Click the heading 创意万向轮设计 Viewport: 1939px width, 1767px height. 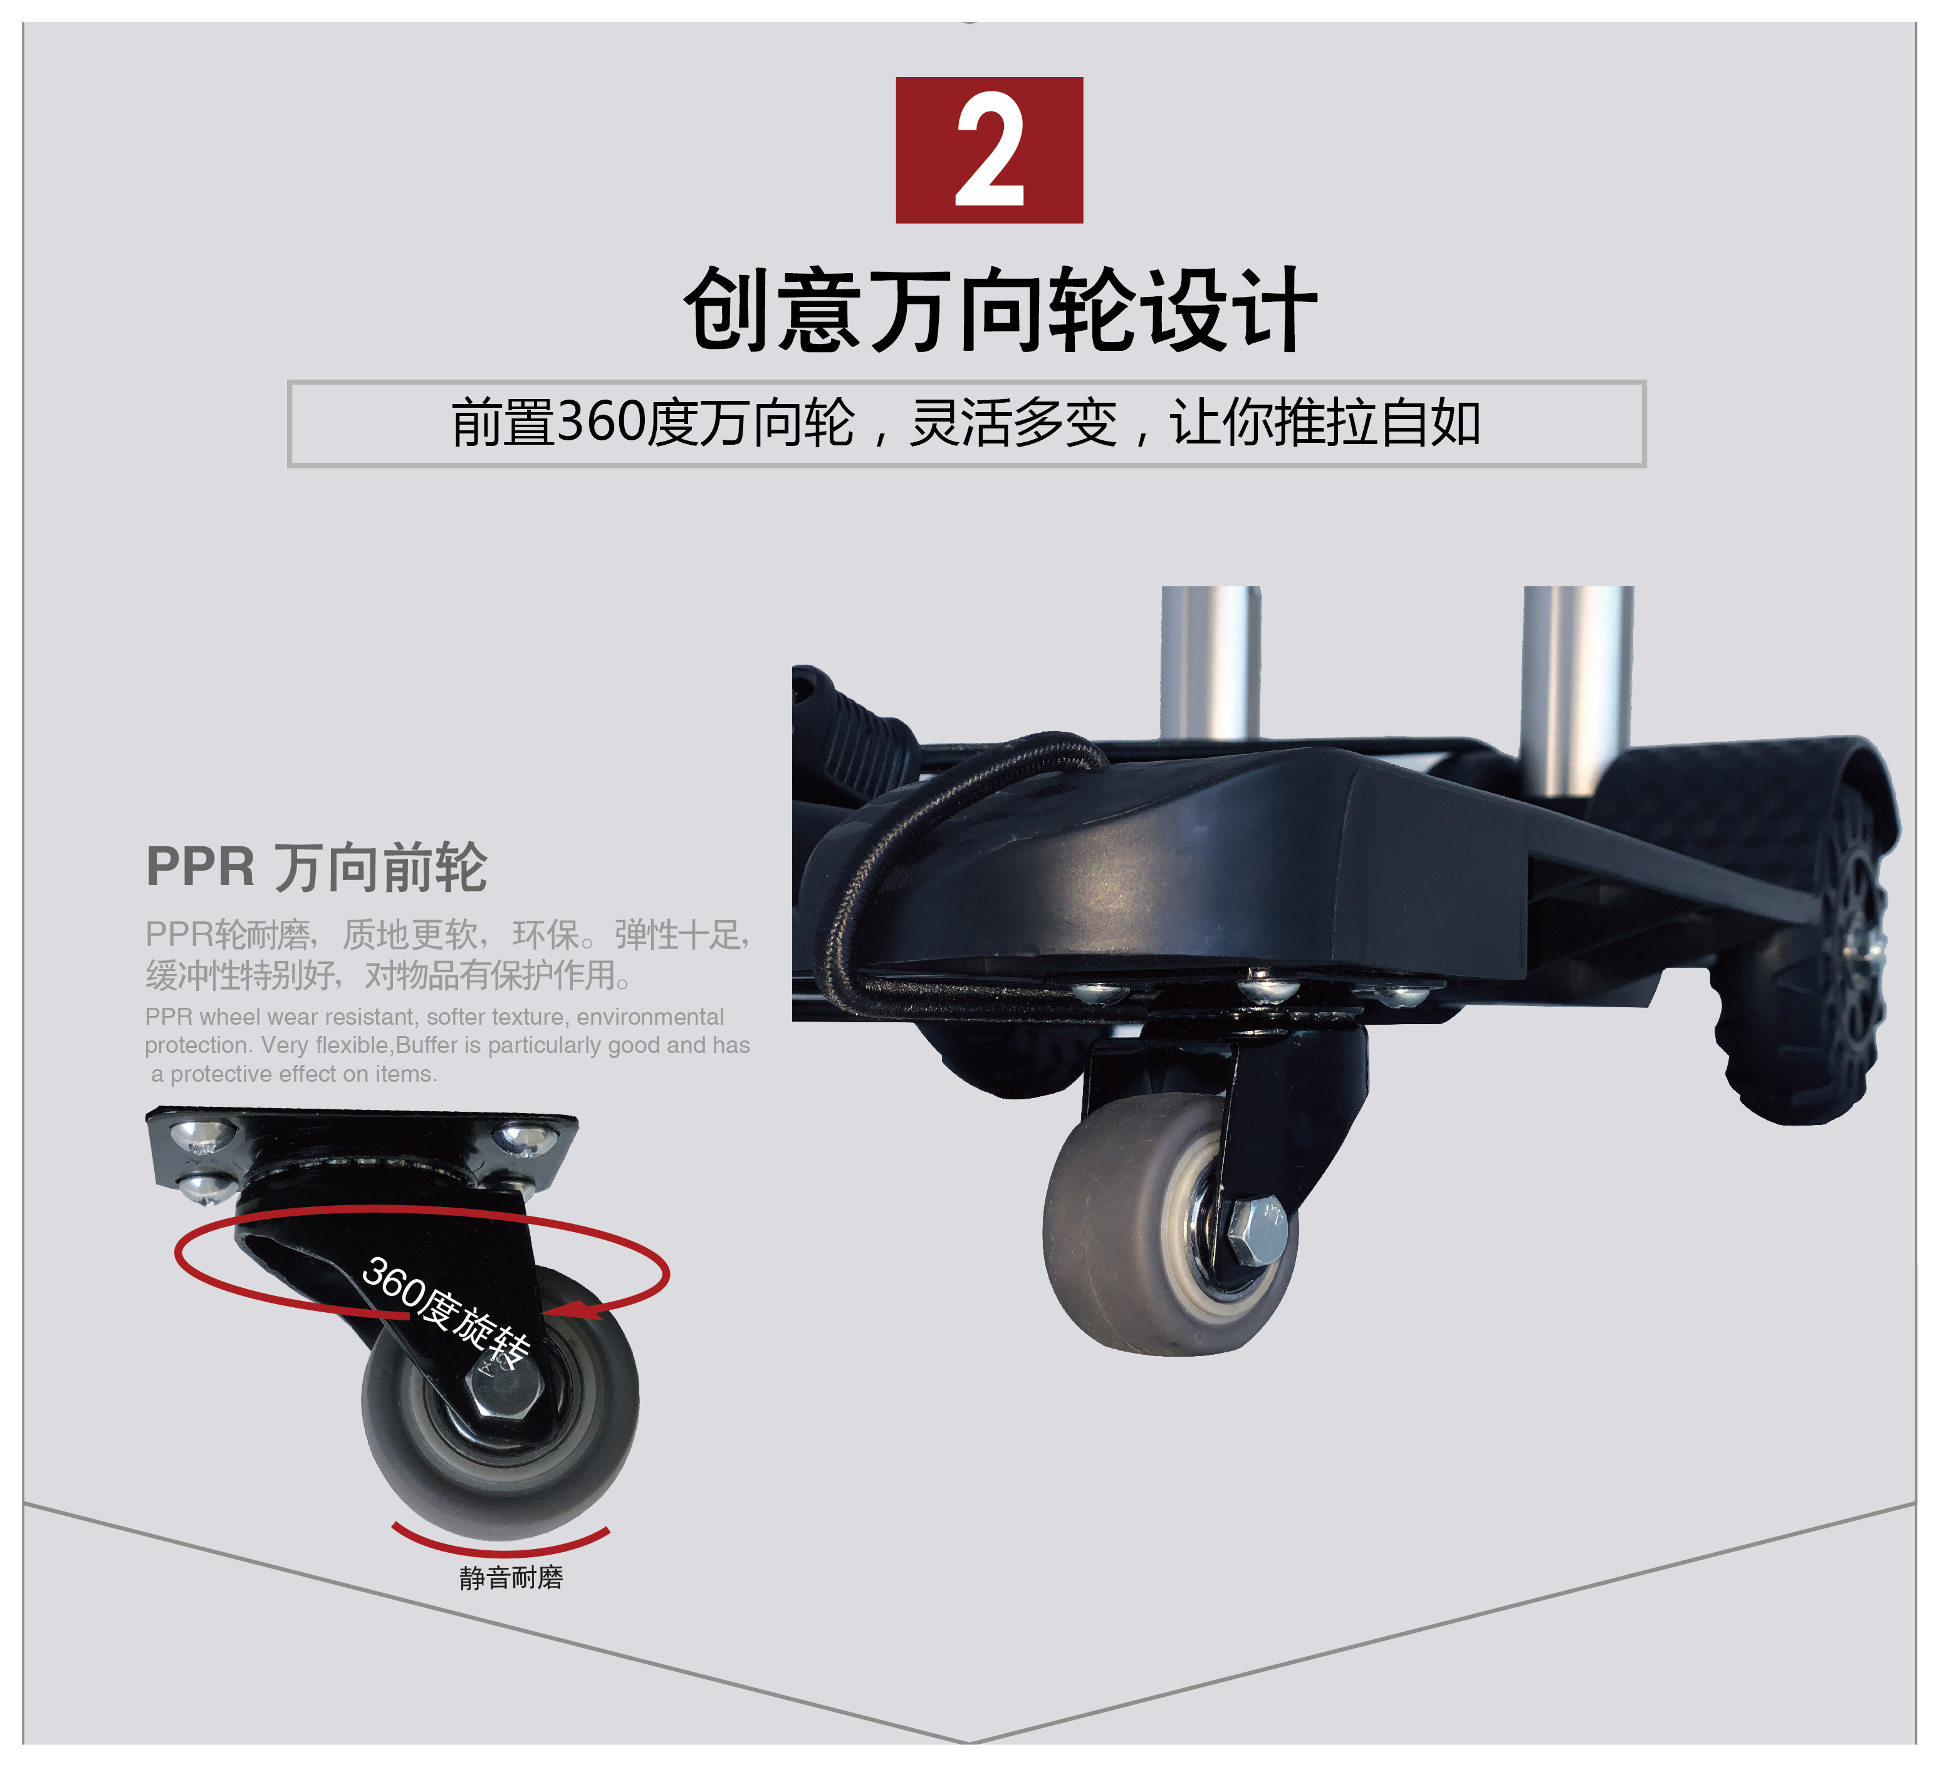[x=1000, y=309]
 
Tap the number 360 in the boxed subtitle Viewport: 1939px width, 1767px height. [x=600, y=422]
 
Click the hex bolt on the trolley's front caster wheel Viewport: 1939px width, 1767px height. [x=1255, y=1233]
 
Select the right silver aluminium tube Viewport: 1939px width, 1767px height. [x=1577, y=683]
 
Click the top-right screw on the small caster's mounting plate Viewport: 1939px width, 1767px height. [x=524, y=1140]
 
